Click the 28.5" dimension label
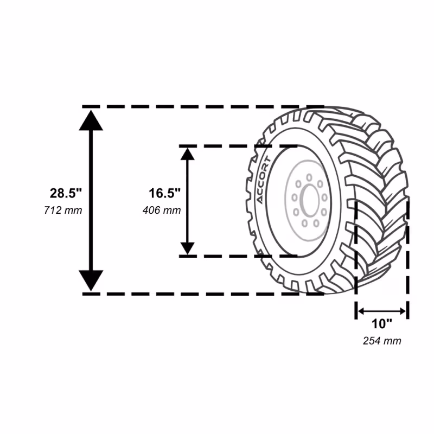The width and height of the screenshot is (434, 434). pyautogui.click(x=66, y=193)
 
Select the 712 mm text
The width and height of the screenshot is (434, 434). pyautogui.click(x=63, y=210)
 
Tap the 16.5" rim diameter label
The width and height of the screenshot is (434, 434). pyautogui.click(x=164, y=193)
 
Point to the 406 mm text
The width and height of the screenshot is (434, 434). pyautogui.click(x=162, y=210)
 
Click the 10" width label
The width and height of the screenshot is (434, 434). pyautogui.click(x=382, y=323)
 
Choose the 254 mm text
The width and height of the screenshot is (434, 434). pyautogui.click(x=382, y=341)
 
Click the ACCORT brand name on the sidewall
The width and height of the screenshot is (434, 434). pyautogui.click(x=263, y=180)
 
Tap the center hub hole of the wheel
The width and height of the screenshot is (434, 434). pyautogui.click(x=310, y=201)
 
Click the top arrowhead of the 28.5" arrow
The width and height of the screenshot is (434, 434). pyautogui.click(x=91, y=120)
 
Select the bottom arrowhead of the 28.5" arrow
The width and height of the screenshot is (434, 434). pyautogui.click(x=91, y=280)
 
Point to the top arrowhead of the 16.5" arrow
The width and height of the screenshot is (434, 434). pyautogui.click(x=187, y=154)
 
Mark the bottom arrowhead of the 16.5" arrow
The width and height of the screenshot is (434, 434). pyautogui.click(x=187, y=248)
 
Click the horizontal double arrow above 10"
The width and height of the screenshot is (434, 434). pyautogui.click(x=382, y=311)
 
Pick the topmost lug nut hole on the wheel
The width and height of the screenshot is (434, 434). pyautogui.click(x=309, y=177)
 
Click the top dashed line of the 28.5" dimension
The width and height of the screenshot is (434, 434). pyautogui.click(x=203, y=106)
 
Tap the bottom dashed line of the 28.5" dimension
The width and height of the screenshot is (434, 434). pyautogui.click(x=203, y=294)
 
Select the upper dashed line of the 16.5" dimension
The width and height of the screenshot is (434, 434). pyautogui.click(x=238, y=146)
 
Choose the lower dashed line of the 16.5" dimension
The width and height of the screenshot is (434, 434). pyautogui.click(x=238, y=256)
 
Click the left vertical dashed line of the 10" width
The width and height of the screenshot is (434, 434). pyautogui.click(x=356, y=260)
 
